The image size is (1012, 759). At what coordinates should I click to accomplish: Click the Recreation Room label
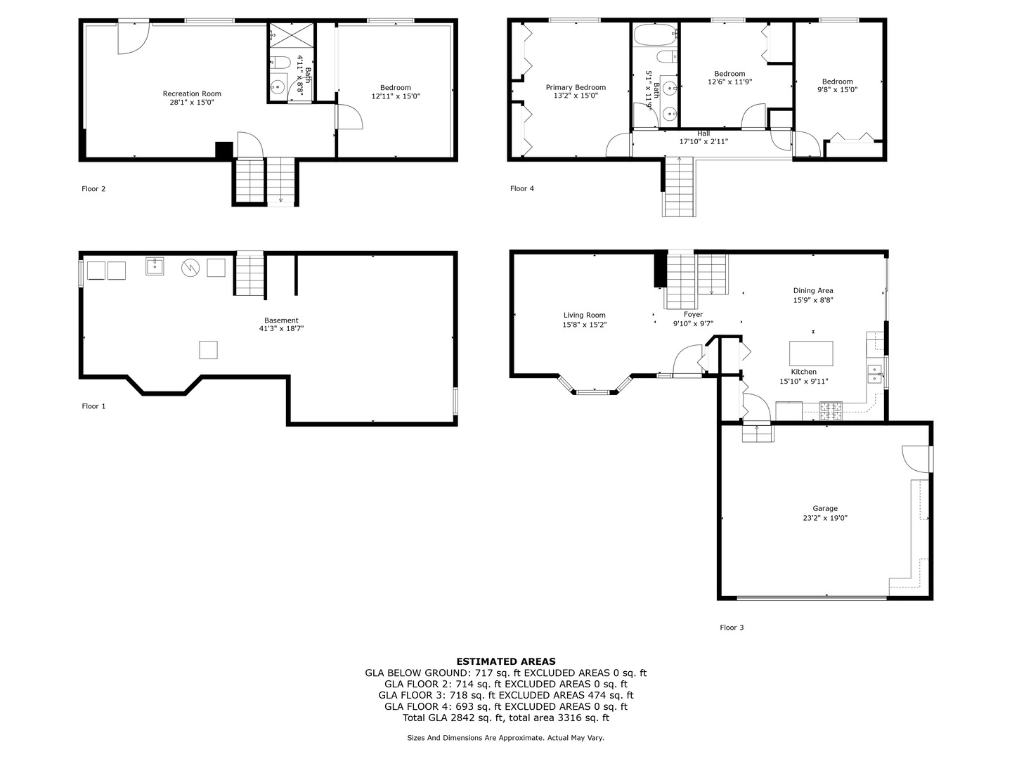tap(192, 93)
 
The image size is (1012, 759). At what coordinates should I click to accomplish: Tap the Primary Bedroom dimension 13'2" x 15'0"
tap(576, 96)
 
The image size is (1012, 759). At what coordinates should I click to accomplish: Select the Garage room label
tap(825, 508)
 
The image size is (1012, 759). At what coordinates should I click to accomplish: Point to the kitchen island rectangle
tap(811, 353)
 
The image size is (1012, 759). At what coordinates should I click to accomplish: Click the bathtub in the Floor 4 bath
tap(656, 34)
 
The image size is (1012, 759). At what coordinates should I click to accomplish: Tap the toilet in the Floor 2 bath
tap(279, 61)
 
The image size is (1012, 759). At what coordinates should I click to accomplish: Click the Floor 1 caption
tap(93, 406)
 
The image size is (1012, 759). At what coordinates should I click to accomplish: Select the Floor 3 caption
tap(732, 627)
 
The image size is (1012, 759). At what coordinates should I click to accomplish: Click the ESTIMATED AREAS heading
tap(506, 661)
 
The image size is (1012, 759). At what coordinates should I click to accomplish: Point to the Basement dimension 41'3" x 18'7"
tap(281, 329)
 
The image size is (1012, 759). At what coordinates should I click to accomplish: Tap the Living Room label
tap(584, 316)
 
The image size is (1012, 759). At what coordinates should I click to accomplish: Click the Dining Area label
tap(813, 291)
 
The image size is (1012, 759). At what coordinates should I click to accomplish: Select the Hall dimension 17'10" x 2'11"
tap(703, 141)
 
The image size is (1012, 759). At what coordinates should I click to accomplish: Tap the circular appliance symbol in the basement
tap(190, 268)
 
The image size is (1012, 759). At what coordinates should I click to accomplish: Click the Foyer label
tap(693, 314)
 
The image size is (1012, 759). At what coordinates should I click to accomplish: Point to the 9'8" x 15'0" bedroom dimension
tap(837, 90)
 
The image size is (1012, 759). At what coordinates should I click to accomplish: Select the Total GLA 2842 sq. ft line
tap(506, 718)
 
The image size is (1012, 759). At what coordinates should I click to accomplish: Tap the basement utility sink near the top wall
tap(155, 266)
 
